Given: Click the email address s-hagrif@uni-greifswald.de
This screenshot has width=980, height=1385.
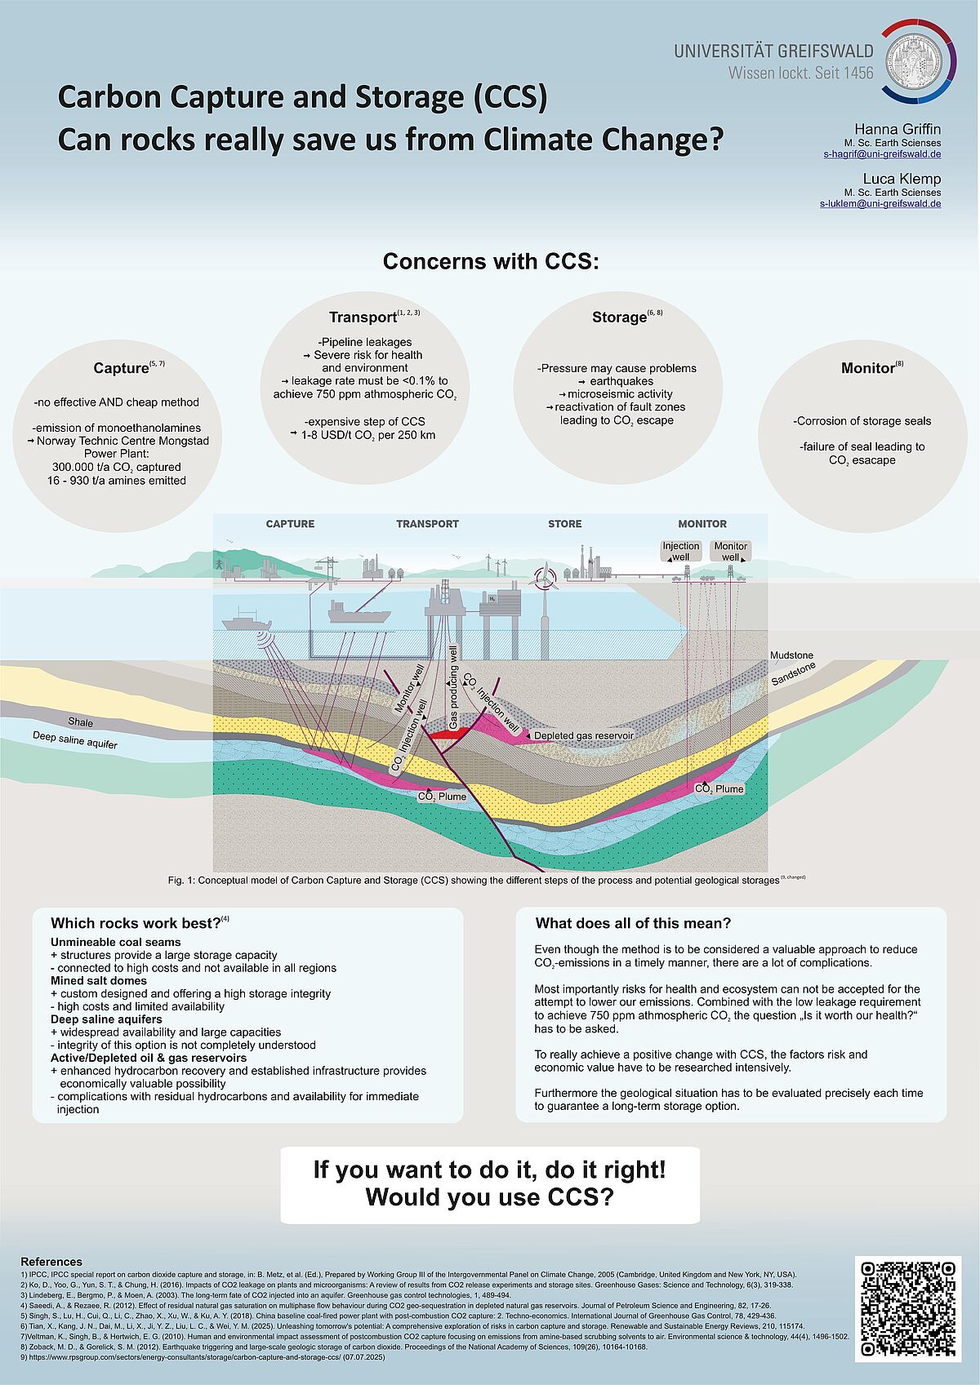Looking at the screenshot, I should point(881,154).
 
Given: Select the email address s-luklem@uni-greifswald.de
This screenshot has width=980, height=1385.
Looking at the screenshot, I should point(880,203).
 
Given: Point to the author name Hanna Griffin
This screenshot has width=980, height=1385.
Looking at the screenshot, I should point(897,129).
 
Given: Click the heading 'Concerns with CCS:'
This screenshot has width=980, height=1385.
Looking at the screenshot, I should point(491,261).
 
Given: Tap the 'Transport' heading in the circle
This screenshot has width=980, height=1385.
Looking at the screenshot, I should point(363,317).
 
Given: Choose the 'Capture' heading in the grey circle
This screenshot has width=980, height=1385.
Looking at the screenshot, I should point(121,368).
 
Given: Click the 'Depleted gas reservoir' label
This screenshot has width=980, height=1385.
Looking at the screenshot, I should point(583,735).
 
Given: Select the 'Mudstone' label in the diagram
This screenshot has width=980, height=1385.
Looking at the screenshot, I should point(791,655).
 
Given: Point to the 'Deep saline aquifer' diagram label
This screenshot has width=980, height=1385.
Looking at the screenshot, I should point(75,740).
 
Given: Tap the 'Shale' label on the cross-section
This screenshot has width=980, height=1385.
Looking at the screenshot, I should point(80,721).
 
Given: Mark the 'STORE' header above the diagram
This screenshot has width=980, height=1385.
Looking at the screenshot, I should point(564,524).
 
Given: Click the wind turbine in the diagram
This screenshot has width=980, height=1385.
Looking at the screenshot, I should point(542,578).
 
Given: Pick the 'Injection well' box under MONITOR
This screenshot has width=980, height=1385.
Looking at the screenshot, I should point(680,552).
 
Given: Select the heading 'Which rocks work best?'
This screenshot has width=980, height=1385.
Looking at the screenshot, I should point(136,923).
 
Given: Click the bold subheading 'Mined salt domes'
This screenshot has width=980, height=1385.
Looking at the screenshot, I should point(99,980).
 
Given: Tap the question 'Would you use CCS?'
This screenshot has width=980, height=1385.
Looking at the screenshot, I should point(489,1197).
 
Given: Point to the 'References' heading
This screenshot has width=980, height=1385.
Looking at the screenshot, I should point(51,1262).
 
